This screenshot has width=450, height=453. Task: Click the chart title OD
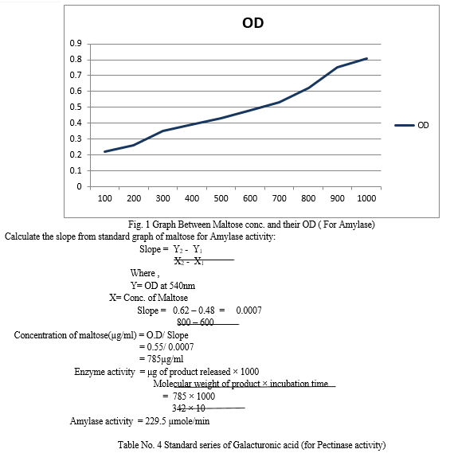253,23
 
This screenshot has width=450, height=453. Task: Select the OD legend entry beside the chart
412,125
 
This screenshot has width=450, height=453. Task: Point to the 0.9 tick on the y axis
76,43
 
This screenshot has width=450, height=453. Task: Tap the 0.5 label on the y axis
76,107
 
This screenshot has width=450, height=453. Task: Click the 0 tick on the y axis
79,186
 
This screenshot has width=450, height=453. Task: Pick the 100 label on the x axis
104,198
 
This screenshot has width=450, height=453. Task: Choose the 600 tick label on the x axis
250,198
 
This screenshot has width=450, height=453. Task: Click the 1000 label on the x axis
366,198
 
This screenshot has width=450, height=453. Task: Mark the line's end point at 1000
366,59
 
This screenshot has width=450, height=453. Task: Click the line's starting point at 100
104,151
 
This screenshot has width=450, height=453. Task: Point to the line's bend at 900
337,68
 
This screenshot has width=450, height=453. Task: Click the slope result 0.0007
248,310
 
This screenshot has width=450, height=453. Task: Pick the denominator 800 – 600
195,322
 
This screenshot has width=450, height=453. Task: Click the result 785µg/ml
166,359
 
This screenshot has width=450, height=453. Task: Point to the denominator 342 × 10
189,408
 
